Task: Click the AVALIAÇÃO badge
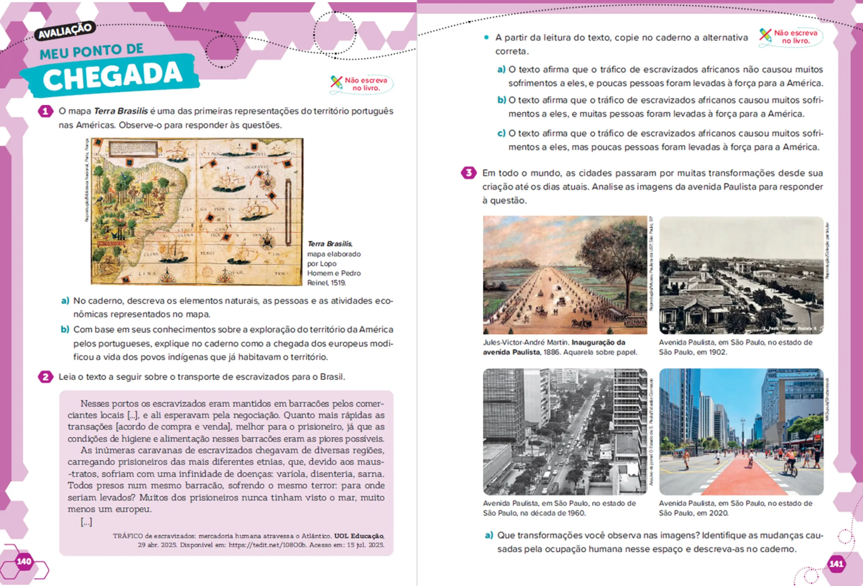[65, 31]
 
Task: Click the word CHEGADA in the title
[112, 76]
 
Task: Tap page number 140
[24, 561]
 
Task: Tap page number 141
[836, 564]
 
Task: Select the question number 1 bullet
[45, 111]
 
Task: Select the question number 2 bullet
[45, 377]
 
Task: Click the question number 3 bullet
[468, 173]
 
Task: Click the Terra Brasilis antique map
[197, 212]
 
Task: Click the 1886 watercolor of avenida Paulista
[564, 275]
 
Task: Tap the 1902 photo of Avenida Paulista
[741, 275]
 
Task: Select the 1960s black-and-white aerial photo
[564, 432]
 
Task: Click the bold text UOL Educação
[359, 536]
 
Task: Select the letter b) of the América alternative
[501, 100]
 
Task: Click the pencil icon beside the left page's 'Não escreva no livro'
[336, 82]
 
